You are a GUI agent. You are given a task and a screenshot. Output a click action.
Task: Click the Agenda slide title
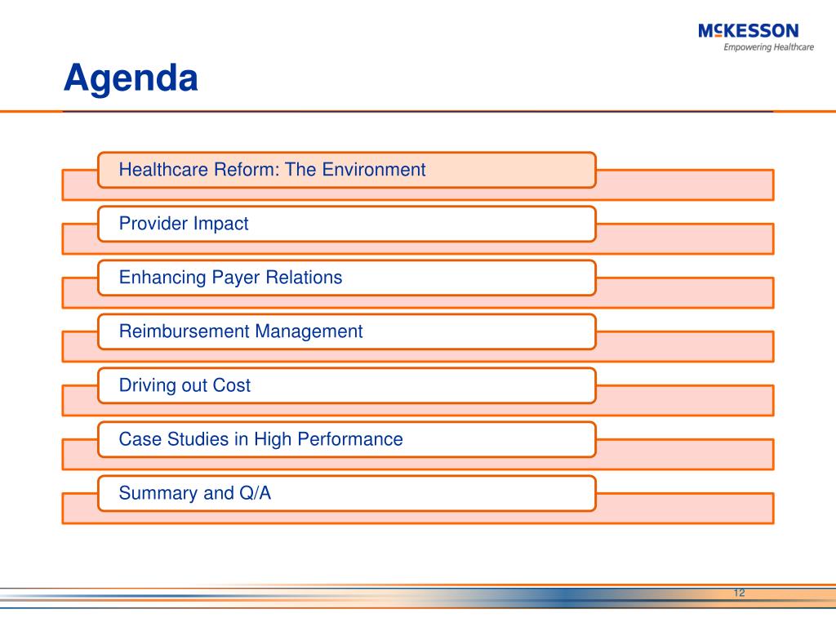pyautogui.click(x=131, y=78)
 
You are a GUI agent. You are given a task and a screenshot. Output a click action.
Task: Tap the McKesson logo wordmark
pyautogui.click(x=748, y=30)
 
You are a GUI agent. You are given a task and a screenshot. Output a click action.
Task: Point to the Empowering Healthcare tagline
pyautogui.click(x=768, y=47)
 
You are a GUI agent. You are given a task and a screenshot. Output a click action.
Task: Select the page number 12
pyautogui.click(x=739, y=593)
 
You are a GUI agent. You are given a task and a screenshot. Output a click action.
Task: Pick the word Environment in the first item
pyautogui.click(x=374, y=170)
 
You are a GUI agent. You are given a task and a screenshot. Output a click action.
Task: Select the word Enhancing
pyautogui.click(x=162, y=278)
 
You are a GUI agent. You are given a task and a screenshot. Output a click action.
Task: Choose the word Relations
pyautogui.click(x=304, y=278)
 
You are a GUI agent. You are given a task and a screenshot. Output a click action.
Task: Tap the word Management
pyautogui.click(x=309, y=331)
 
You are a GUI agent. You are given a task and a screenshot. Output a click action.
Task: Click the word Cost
pyautogui.click(x=231, y=385)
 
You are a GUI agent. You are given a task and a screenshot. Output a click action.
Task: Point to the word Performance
pyautogui.click(x=349, y=438)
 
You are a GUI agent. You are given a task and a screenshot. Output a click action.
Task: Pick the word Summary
pyautogui.click(x=158, y=493)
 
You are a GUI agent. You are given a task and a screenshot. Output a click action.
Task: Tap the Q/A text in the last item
pyautogui.click(x=255, y=492)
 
